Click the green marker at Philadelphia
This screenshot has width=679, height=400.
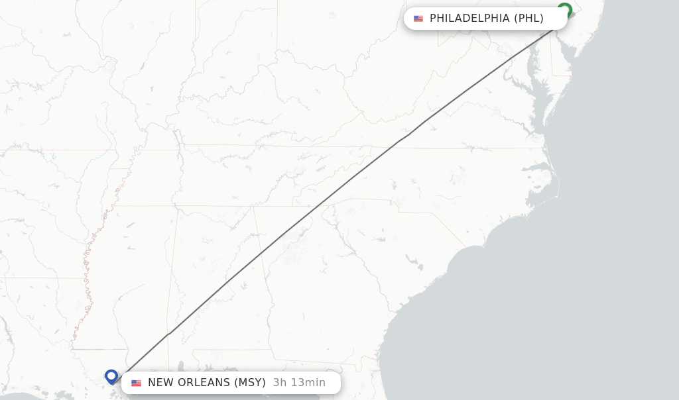pos(564,10)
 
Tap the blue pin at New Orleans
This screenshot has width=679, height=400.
pos(111,376)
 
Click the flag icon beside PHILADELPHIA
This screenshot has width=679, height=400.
pos(418,19)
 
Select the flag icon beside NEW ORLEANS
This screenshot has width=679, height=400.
pos(137,383)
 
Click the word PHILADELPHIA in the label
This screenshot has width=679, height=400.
pos(469,19)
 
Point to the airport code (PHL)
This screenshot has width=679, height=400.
pos(528,19)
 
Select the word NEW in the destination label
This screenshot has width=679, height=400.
pos(160,383)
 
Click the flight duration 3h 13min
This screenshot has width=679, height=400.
pos(299,383)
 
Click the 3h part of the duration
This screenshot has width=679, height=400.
pos(279,383)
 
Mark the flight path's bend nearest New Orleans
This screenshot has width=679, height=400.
pos(170,332)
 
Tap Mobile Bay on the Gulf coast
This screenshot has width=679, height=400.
pos(181,366)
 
